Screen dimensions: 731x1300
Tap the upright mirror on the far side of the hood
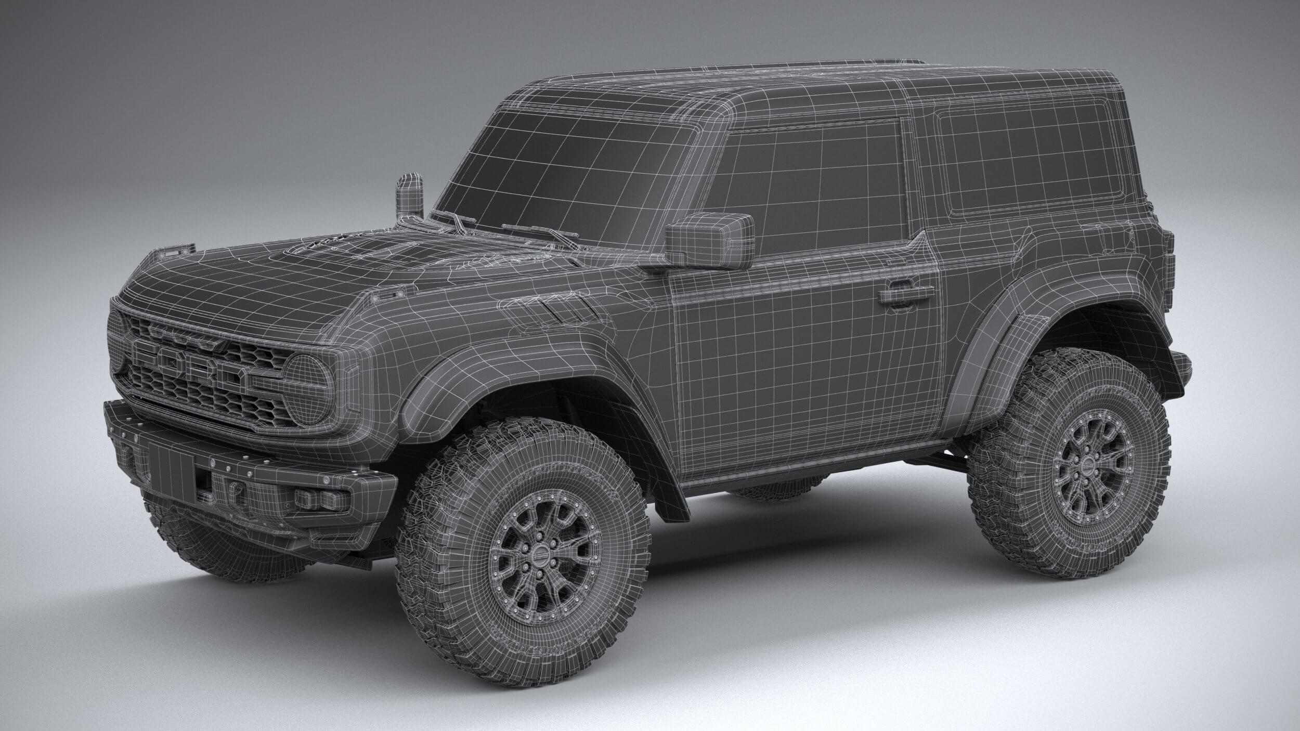click(409, 197)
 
